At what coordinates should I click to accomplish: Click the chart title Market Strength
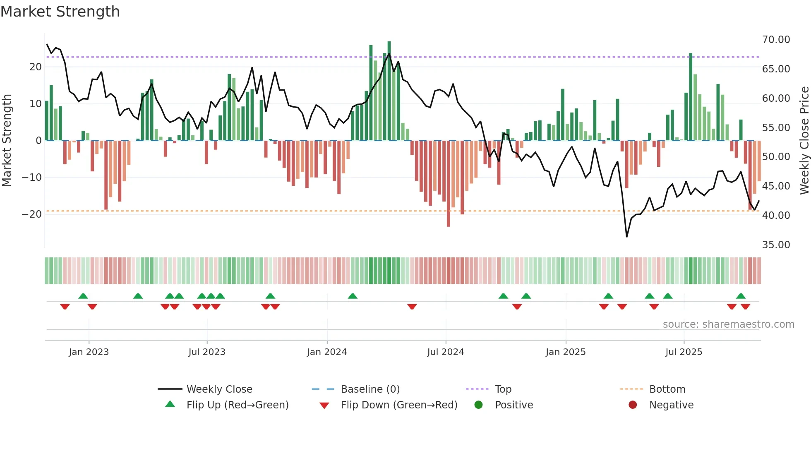(60, 12)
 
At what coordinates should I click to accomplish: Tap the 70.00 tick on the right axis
(776, 40)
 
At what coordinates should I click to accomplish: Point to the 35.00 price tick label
(776, 245)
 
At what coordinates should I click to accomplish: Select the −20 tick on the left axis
(32, 214)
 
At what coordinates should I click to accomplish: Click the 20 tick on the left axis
(36, 67)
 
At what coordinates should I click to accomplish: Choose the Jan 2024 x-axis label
(326, 352)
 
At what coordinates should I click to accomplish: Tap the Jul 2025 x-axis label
(684, 352)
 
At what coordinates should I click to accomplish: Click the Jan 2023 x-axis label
(89, 352)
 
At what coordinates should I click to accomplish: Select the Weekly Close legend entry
(219, 389)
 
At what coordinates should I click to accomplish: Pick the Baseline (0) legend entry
(370, 389)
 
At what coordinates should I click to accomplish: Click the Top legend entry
(503, 389)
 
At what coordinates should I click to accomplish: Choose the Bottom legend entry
(667, 389)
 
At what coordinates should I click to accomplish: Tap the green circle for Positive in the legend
(479, 405)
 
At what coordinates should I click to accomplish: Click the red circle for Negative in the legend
(633, 405)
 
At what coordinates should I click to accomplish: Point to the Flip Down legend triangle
(324, 406)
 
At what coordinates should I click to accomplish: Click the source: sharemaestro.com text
(728, 324)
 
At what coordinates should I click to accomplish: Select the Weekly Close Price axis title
(804, 141)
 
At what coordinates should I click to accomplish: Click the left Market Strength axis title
(7, 141)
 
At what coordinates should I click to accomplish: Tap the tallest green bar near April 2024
(389, 91)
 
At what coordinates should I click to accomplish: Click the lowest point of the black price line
(627, 237)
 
